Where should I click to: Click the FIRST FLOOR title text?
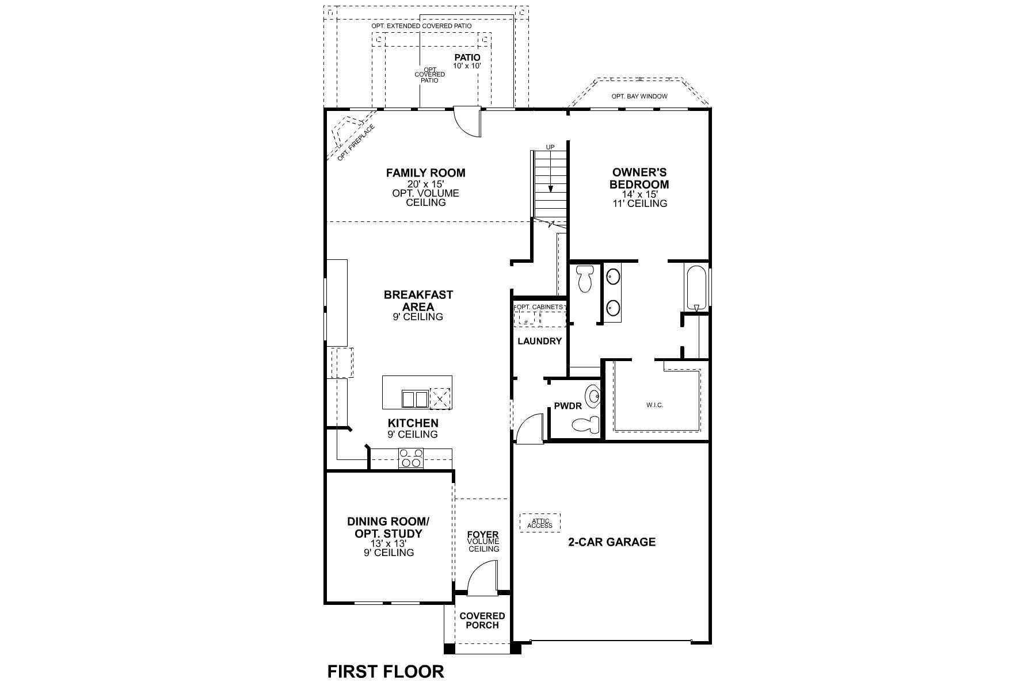[386, 671]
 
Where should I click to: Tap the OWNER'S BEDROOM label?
[639, 178]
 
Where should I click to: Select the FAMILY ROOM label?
[425, 172]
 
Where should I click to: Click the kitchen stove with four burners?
[411, 458]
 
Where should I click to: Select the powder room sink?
[593, 396]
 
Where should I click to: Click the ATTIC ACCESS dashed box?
[540, 523]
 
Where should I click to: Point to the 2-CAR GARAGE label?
[612, 542]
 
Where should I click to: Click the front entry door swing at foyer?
[481, 580]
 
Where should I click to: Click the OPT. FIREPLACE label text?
[356, 143]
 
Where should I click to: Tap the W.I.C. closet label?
[654, 405]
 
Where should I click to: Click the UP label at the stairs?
[550, 147]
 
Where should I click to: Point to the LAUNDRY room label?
[539, 341]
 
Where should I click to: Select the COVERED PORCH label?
[482, 620]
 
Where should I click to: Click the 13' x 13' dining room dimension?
[388, 543]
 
